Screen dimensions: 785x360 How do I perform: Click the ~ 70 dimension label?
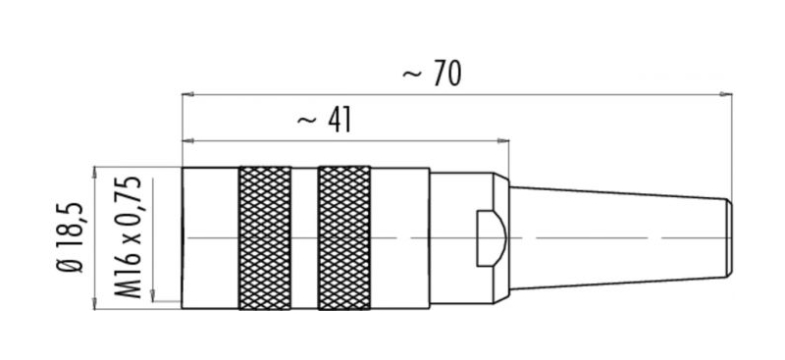pyautogui.click(x=432, y=74)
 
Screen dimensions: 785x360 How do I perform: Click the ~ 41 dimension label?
pyautogui.click(x=325, y=121)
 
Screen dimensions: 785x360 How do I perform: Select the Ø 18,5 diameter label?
pyautogui.click(x=70, y=237)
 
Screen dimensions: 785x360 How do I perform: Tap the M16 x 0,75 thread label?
pyautogui.click(x=128, y=237)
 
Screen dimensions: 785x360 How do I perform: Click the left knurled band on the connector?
pyautogui.click(x=265, y=237)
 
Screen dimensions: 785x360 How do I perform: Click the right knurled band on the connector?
pyautogui.click(x=344, y=237)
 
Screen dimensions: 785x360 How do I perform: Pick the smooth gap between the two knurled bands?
pyautogui.click(x=304, y=237)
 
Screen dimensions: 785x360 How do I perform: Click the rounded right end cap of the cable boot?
pyautogui.click(x=730, y=238)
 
